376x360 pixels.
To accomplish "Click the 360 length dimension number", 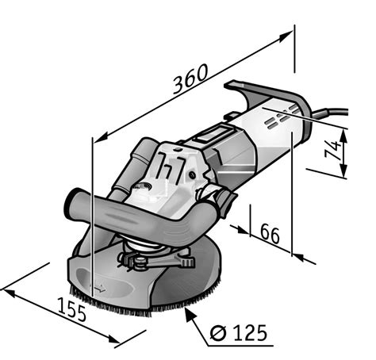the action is pos(190,79).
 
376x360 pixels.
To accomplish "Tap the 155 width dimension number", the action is pos(71,309).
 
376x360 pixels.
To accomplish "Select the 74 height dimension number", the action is pos(332,150).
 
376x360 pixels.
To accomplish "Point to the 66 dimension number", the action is pos(270,234).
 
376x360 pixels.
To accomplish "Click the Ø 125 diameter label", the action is pos(238,333).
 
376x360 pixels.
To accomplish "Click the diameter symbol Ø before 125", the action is pos(218,333).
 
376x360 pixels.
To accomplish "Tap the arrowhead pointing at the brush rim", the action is pos(190,314).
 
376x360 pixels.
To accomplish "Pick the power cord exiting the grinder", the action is pos(330,113).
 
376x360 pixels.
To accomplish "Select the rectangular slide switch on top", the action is pos(213,135).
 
